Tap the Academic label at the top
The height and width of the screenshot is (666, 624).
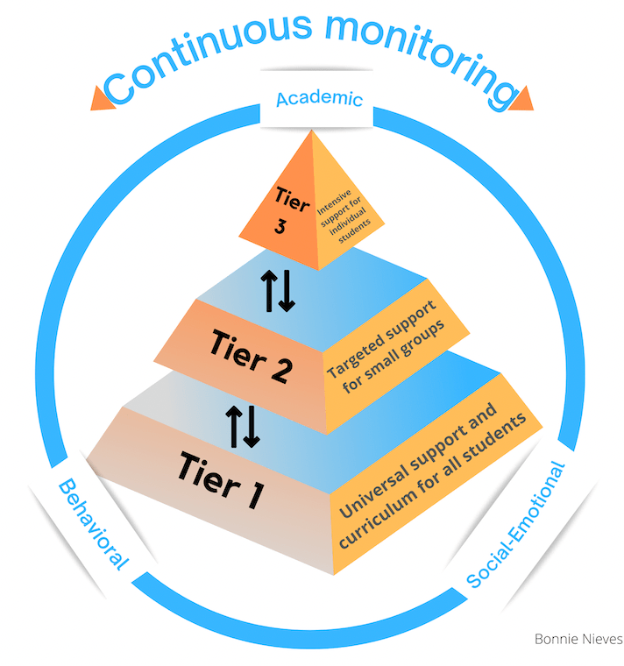tap(319, 98)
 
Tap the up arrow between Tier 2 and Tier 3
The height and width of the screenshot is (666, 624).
tap(270, 291)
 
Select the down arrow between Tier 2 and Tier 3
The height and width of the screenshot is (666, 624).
tap(287, 293)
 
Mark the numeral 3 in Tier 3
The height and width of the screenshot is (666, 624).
tap(280, 226)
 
